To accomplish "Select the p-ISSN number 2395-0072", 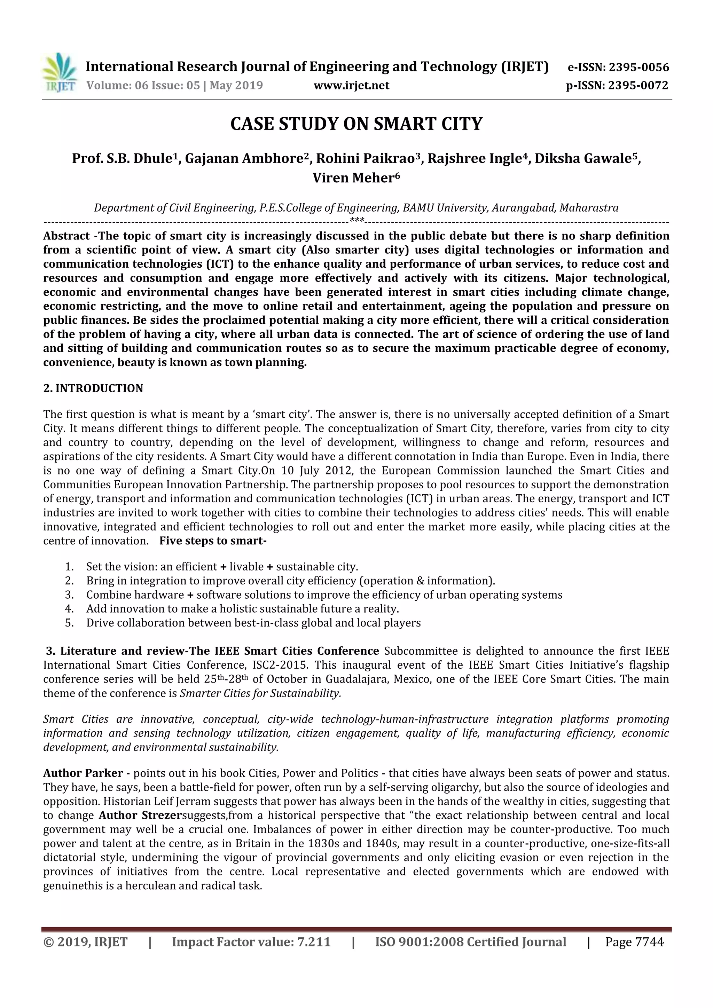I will click(x=638, y=85).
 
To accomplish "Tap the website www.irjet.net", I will click(x=351, y=85).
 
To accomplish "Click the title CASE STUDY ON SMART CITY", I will click(x=356, y=124).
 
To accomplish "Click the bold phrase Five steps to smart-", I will click(x=213, y=541).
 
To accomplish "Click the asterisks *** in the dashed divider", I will click(x=356, y=220).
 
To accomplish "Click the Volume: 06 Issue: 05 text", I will click(x=143, y=85).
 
